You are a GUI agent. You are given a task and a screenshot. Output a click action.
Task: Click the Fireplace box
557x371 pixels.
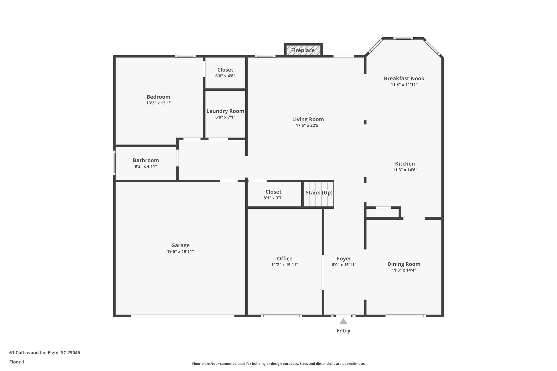point(303,50)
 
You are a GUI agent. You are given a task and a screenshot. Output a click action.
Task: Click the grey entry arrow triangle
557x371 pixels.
point(343,322)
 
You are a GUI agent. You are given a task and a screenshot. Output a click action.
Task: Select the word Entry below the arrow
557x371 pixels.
point(343,331)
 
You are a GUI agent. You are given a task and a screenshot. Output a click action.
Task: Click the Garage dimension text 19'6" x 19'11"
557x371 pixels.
point(180,251)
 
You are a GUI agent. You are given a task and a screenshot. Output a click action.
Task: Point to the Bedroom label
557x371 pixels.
point(158,97)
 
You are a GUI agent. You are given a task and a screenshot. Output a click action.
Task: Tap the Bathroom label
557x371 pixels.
point(146,160)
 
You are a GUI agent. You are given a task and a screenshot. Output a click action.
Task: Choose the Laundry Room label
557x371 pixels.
point(225,111)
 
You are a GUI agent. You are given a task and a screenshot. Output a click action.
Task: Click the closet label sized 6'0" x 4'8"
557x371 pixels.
point(225,70)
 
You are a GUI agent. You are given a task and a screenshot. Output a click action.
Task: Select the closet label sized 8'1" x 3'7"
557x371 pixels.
point(273,192)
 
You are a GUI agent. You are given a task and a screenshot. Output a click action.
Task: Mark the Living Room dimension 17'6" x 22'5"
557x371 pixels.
point(308,126)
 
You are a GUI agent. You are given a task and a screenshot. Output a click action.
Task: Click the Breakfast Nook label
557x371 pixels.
point(404,78)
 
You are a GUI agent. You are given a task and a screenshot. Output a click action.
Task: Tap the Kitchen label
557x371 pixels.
point(405,164)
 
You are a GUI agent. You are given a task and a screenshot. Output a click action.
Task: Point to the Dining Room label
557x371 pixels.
point(404,264)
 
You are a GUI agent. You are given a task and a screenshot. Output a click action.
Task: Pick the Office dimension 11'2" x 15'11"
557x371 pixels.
point(284,265)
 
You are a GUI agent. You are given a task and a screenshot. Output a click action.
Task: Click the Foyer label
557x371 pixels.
point(344,258)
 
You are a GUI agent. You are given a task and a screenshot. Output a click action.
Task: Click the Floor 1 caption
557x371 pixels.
point(17,362)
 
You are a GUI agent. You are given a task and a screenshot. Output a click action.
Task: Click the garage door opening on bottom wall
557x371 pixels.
point(183,316)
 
